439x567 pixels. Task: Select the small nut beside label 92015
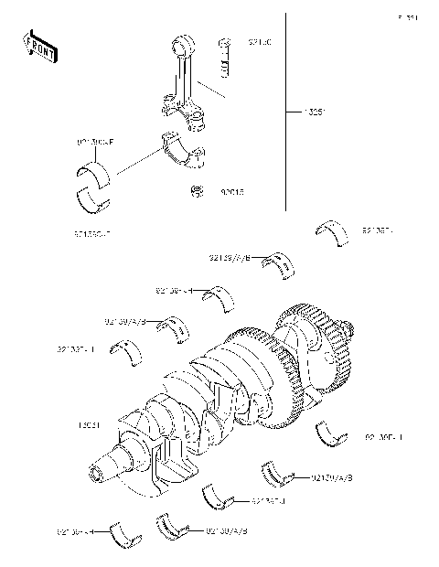196,191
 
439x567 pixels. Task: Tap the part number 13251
316,114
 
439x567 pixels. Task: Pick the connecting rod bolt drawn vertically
223,57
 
